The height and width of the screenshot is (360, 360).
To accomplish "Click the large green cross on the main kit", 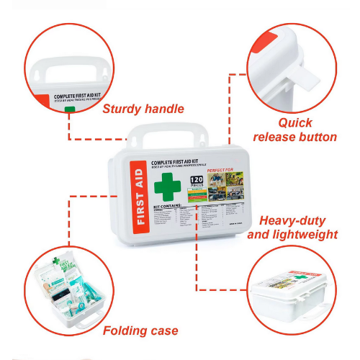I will coord(168,185).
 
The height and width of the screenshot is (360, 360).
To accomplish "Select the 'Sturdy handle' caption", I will coord(143,109).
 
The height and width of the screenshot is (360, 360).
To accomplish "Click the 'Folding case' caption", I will coord(140,330).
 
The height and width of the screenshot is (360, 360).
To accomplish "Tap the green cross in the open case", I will coord(55,261).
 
